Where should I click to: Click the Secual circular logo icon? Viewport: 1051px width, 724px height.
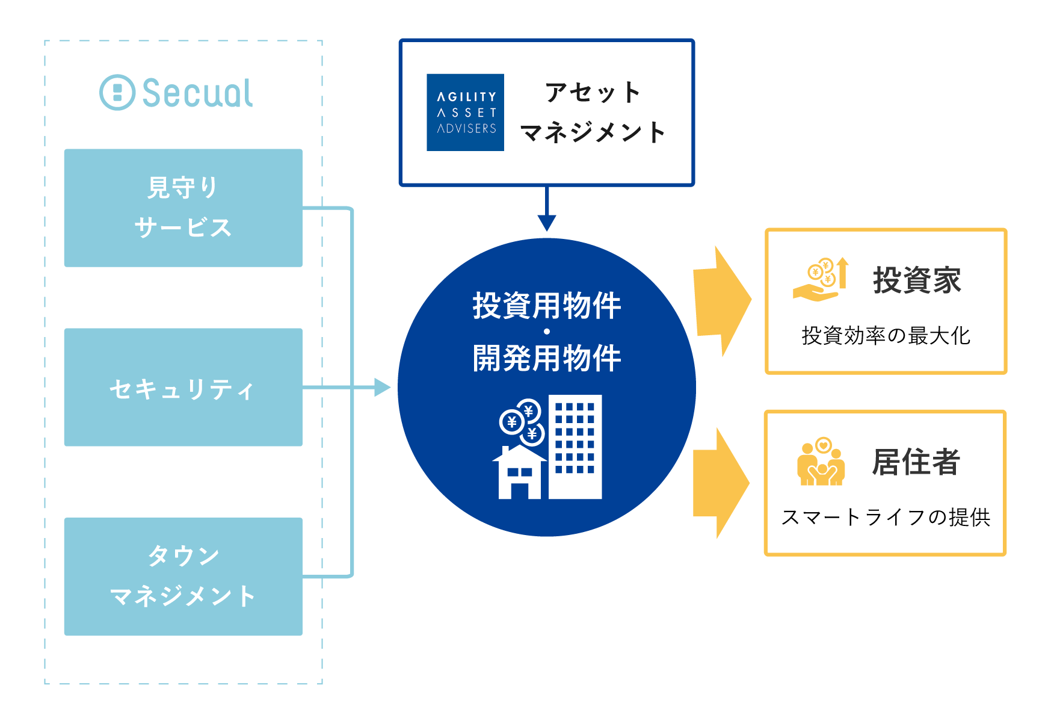click(x=117, y=92)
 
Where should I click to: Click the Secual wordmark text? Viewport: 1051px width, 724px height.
click(x=198, y=93)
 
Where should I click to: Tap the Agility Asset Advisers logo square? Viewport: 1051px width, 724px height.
click(x=465, y=113)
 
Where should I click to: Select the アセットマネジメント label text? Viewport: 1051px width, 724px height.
click(x=593, y=113)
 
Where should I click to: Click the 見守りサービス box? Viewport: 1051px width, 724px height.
click(x=183, y=208)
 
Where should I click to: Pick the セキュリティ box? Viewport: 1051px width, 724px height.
click(x=183, y=387)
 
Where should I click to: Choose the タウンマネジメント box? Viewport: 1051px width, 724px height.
click(x=183, y=577)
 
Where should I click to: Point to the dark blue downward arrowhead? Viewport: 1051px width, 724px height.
click(x=546, y=223)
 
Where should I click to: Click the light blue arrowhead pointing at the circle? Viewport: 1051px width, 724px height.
click(x=383, y=388)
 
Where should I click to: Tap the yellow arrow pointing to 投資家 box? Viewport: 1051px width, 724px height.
click(x=722, y=301)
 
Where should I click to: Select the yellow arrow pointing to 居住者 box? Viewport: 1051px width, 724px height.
click(x=721, y=483)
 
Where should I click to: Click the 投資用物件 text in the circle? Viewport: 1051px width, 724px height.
click(x=547, y=305)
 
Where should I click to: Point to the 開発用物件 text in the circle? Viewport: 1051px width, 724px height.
click(x=547, y=358)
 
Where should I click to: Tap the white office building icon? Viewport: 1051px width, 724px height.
click(x=575, y=447)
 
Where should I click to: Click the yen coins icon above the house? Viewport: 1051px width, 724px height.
click(x=522, y=421)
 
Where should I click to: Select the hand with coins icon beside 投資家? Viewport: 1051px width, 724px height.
click(x=821, y=279)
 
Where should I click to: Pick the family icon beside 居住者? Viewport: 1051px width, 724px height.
click(x=821, y=462)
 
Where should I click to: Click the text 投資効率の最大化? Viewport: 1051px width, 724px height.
click(x=886, y=336)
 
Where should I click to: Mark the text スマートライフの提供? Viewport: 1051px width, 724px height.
click(x=886, y=517)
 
